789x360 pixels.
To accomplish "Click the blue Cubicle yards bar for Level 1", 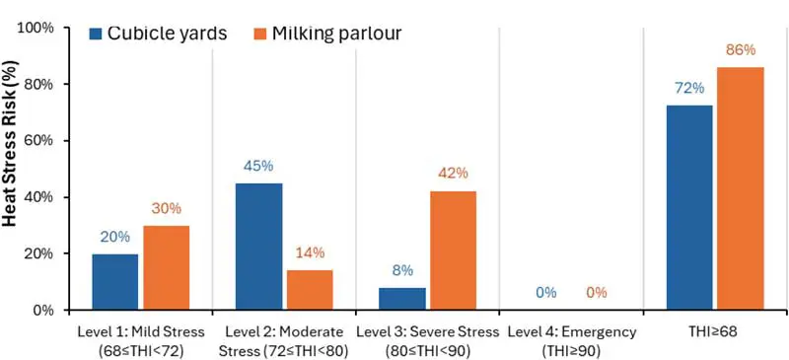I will pos(115,282).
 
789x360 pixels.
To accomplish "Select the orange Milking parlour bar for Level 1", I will pos(166,268).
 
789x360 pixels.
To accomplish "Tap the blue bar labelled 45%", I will pos(259,247).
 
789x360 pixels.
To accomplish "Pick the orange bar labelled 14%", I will pos(310,290).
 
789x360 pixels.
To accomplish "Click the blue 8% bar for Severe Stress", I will pos(402,299).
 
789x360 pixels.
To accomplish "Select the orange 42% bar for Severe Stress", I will pos(454,251).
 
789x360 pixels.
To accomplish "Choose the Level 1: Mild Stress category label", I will pos(139,339).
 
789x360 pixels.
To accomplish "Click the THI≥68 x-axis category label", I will pos(714,331).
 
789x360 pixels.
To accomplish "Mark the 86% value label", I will pos(740,49).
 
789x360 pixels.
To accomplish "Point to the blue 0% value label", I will pos(545,292).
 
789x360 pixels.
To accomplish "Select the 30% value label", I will pos(167,208).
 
